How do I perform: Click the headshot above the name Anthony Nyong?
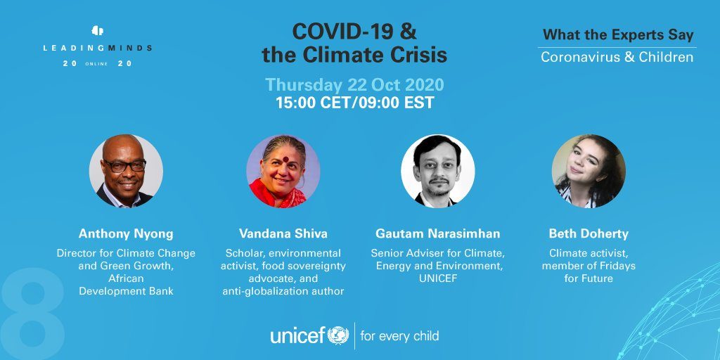pos(126,171)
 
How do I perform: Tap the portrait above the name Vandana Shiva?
pos(283,171)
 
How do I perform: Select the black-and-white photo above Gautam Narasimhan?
pos(438,171)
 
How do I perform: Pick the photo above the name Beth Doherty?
pos(589,171)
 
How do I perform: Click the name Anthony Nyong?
pos(126,233)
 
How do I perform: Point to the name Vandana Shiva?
pos(283,233)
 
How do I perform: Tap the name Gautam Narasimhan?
pos(438,233)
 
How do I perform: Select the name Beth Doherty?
pos(589,233)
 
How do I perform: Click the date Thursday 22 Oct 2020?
pos(354,85)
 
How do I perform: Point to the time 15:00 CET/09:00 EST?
pos(354,103)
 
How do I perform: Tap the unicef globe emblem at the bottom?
pos(338,335)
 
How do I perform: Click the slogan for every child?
pos(399,335)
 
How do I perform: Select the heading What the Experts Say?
pos(618,35)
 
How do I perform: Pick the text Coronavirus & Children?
pos(617,58)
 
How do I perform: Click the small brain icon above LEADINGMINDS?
pos(97,31)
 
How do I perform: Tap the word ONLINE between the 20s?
pos(96,64)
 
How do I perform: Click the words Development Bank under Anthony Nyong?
pos(127,291)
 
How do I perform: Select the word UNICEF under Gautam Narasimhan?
pos(438,278)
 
